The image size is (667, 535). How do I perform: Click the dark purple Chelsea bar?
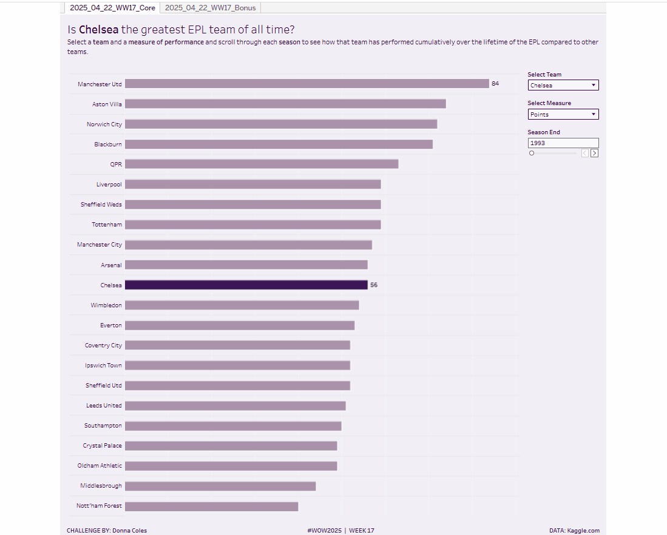246,285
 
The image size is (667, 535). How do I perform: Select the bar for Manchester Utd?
306,84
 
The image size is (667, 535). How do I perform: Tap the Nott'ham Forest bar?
211,506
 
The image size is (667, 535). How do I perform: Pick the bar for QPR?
262,164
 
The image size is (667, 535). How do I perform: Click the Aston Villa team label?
107,104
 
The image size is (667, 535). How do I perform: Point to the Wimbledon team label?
106,305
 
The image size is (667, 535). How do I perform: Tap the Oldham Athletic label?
100,466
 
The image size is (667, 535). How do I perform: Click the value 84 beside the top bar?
495,84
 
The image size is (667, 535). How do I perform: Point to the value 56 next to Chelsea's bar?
374,285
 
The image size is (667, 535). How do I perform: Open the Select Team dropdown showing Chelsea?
563,86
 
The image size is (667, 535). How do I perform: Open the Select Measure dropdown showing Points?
563,114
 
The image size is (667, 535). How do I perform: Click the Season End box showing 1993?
563,143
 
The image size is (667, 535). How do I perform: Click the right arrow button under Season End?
594,153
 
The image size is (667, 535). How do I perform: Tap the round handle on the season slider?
532,153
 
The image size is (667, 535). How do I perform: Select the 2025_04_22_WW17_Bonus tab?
211,8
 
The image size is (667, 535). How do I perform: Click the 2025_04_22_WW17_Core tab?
112,8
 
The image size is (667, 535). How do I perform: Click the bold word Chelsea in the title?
98,30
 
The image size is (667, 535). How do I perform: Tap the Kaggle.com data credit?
583,531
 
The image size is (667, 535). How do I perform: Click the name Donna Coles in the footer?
129,531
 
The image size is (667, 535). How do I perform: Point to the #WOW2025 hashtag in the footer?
325,531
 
